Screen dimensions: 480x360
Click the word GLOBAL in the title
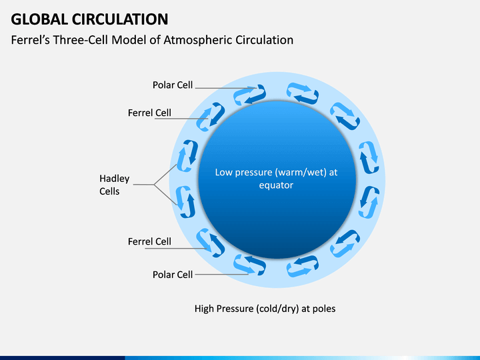pyautogui.click(x=39, y=19)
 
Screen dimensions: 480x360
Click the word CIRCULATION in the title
pyautogui.click(x=120, y=19)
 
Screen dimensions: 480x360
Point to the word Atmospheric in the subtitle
pyautogui.click(x=198, y=40)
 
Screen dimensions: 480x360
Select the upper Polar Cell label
pyautogui.click(x=173, y=85)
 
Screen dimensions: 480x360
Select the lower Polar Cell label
pyautogui.click(x=173, y=275)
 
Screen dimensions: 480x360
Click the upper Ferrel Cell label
pyautogui.click(x=149, y=113)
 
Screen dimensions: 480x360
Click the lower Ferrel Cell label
pyautogui.click(x=149, y=241)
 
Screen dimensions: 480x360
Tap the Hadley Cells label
pyautogui.click(x=114, y=185)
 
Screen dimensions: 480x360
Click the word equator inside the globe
pyautogui.click(x=276, y=185)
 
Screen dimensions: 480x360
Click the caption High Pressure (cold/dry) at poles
pyautogui.click(x=265, y=309)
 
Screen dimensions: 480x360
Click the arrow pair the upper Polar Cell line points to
pyautogui.click(x=249, y=95)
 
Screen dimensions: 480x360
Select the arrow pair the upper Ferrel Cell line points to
pyautogui.click(x=211, y=117)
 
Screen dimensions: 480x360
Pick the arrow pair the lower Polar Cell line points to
pyautogui.click(x=249, y=265)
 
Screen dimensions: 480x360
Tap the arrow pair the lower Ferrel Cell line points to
pyautogui.click(x=211, y=243)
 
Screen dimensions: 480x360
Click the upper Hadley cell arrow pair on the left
pyautogui.click(x=187, y=156)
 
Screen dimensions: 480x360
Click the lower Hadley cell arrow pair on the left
pyautogui.click(x=185, y=202)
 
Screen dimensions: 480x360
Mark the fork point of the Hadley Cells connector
pyautogui.click(x=154, y=185)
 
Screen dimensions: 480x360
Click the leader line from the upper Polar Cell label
pyautogui.click(x=226, y=88)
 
